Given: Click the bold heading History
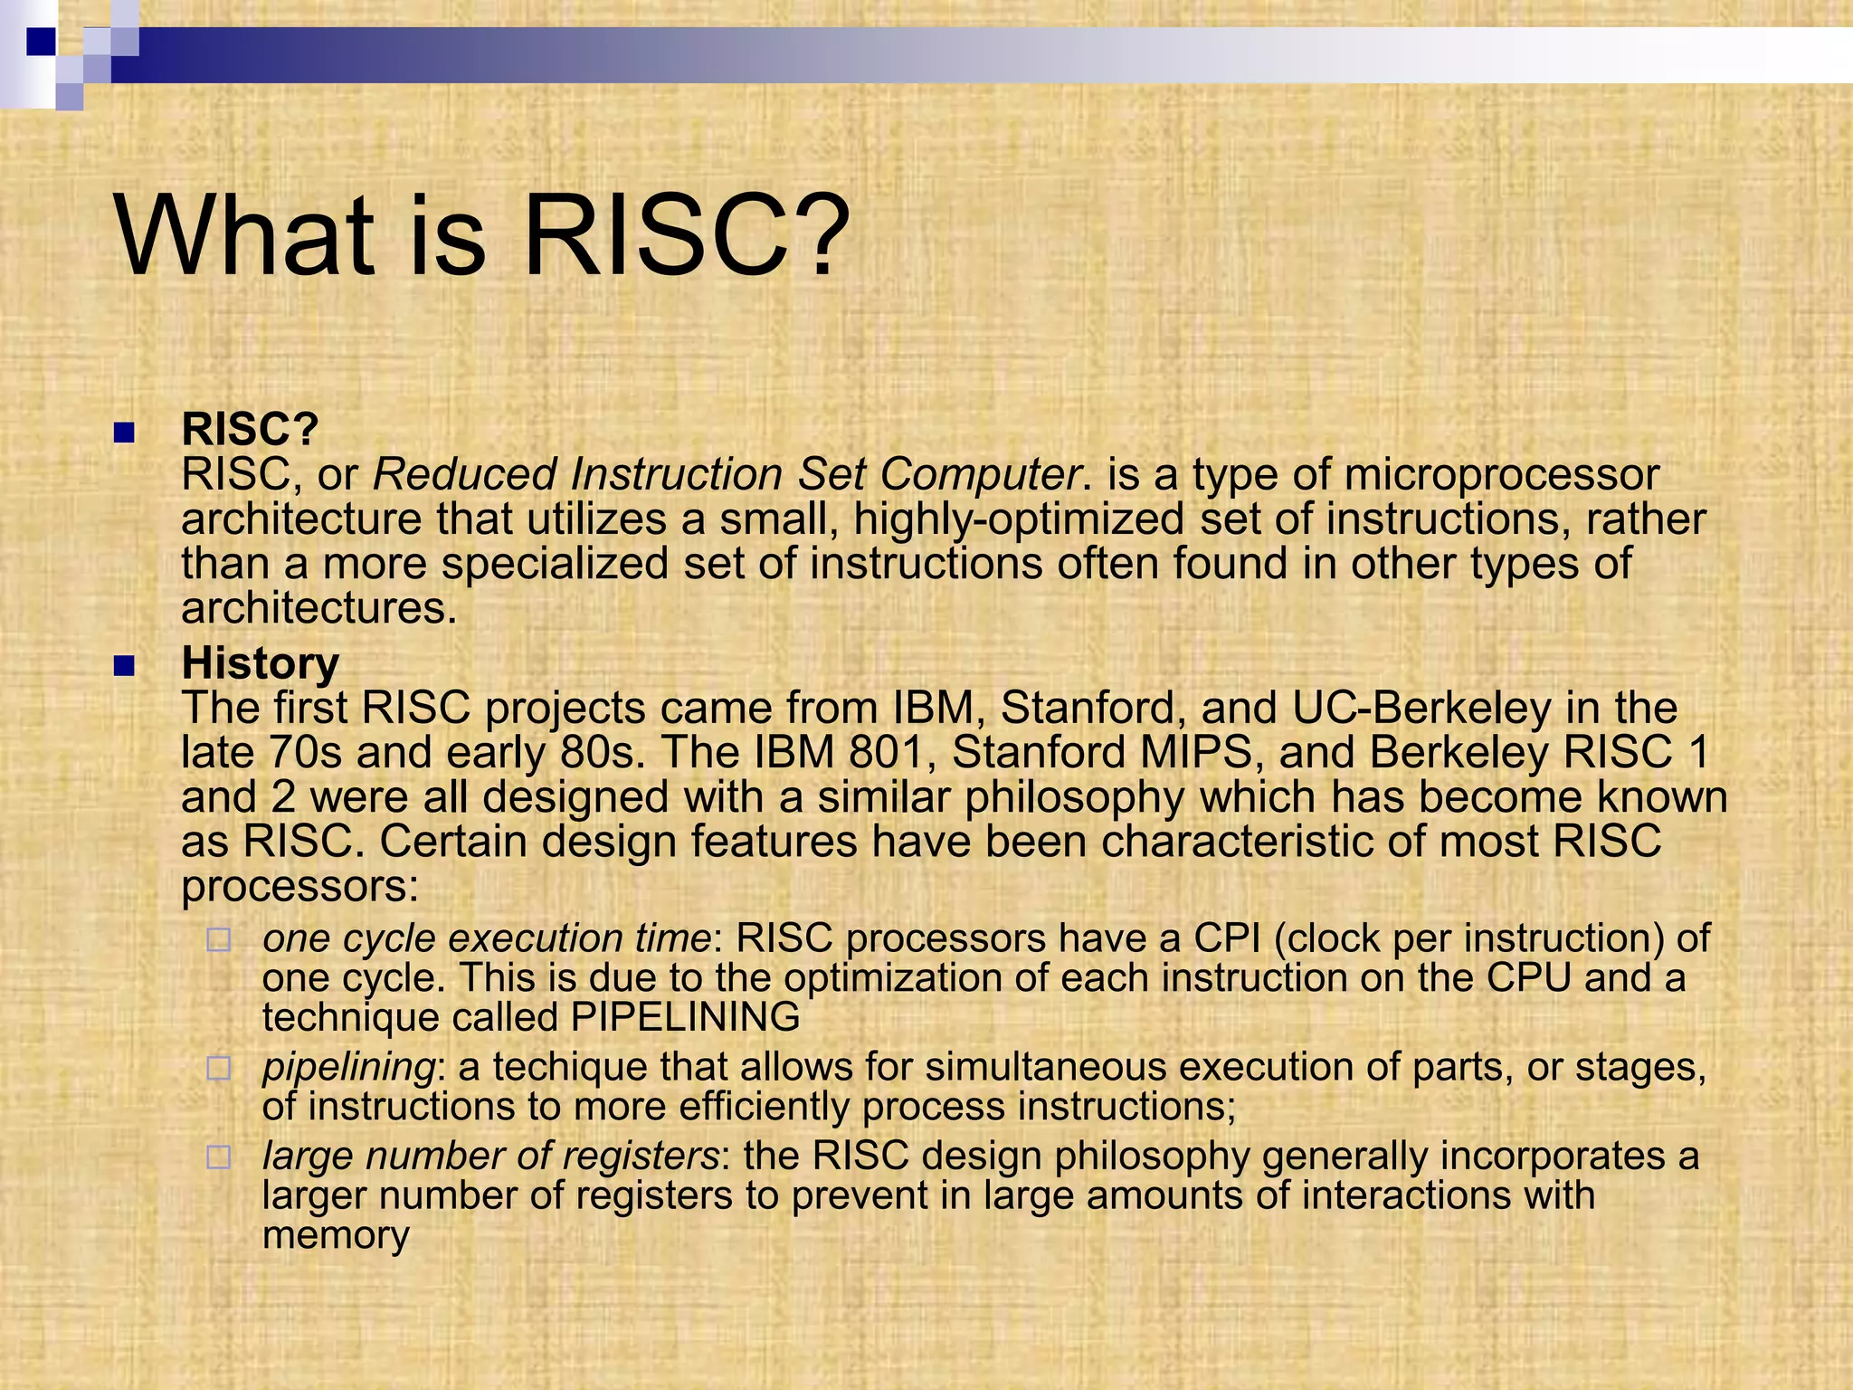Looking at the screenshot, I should pyautogui.click(x=260, y=662).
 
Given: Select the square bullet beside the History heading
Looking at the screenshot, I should pyautogui.click(x=124, y=668).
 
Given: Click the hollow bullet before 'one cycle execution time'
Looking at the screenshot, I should pyautogui.click(x=218, y=940).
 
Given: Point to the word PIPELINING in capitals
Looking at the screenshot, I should pyautogui.click(x=686, y=1017).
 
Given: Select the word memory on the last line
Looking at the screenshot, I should pyautogui.click(x=336, y=1236).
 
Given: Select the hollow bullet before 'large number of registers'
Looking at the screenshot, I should pyautogui.click(x=218, y=1157).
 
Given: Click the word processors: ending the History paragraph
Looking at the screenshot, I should pyautogui.click(x=299, y=887).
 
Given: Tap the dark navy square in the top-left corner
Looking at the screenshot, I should pyautogui.click(x=41, y=41).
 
